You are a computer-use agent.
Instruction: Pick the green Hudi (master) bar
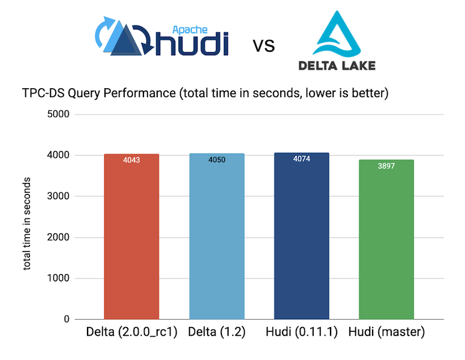point(386,240)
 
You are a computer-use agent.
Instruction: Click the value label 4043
point(131,161)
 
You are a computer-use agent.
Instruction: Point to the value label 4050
point(217,161)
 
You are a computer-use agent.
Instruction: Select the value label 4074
point(302,160)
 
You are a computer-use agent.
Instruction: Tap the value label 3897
point(386,166)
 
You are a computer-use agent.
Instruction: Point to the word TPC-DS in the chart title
point(45,94)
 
